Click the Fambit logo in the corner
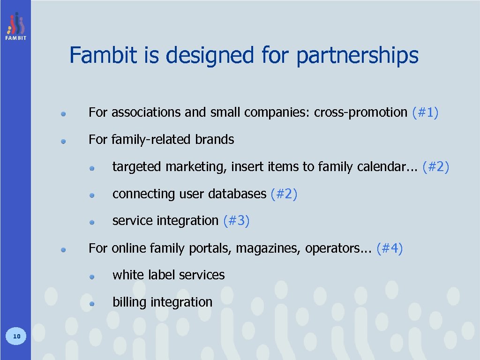(x=16, y=26)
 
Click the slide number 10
(x=16, y=336)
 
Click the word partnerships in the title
(x=357, y=56)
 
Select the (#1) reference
(x=425, y=112)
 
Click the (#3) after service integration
(x=236, y=220)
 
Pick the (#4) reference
(x=390, y=248)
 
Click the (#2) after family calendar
(x=435, y=166)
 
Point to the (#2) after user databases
(x=284, y=194)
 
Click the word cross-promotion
(x=360, y=112)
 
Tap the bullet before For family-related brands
(x=63, y=140)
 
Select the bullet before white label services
(x=92, y=277)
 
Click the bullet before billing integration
(x=92, y=303)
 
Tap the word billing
(x=129, y=302)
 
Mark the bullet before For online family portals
(x=63, y=249)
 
